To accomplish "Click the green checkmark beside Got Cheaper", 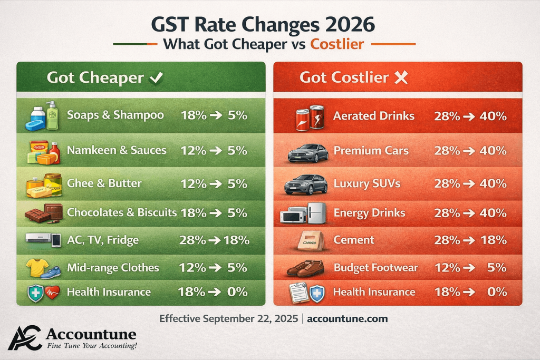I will tap(156, 78).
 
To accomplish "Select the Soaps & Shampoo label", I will tap(115, 115).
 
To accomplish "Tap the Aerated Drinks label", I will tap(374, 115).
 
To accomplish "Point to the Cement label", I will tap(354, 240).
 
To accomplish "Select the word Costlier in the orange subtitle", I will tap(337, 44).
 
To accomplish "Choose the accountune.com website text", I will tap(347, 319).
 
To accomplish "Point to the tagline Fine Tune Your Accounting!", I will tap(92, 346).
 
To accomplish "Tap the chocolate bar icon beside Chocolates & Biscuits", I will tap(44, 213).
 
